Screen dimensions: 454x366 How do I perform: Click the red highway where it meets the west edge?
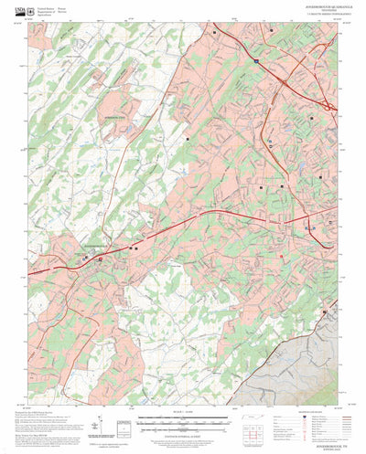pyautogui.click(x=30, y=270)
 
